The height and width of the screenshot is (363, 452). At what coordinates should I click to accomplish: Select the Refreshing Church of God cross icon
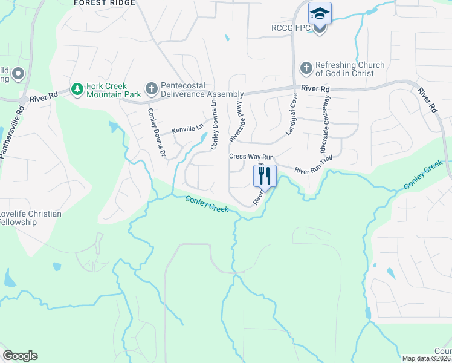click(x=306, y=68)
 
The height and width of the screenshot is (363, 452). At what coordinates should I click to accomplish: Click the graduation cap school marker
click(x=320, y=13)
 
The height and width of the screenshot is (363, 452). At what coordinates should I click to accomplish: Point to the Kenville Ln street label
click(x=188, y=129)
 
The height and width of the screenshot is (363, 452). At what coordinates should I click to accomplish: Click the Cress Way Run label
click(x=251, y=157)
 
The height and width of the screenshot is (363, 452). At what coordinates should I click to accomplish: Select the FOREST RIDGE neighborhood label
click(x=104, y=3)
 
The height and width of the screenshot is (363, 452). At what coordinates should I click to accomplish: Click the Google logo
click(x=20, y=356)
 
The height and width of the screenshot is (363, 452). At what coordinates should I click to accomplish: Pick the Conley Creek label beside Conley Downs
click(x=207, y=204)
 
